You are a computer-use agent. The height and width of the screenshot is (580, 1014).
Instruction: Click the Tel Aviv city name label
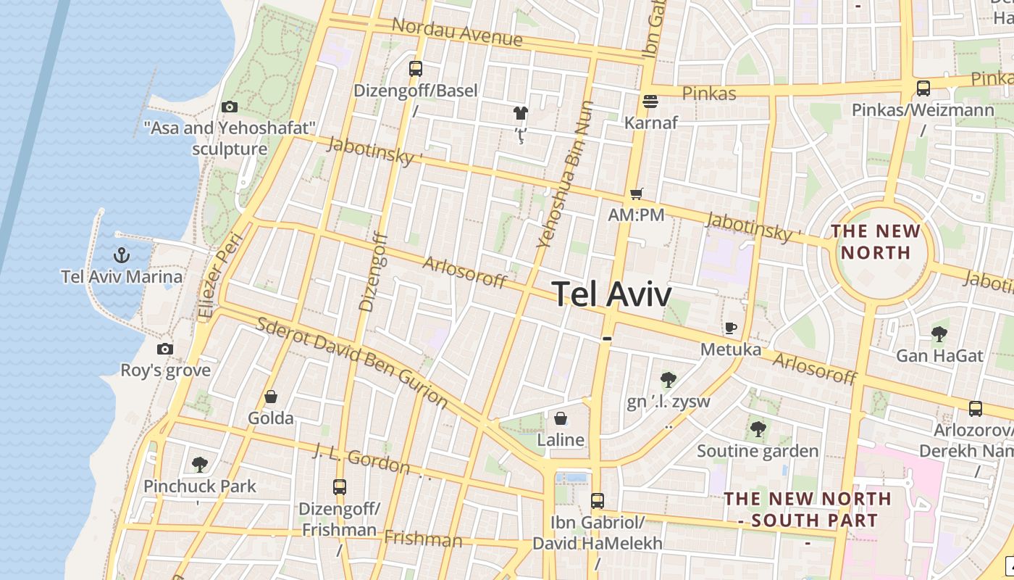612,294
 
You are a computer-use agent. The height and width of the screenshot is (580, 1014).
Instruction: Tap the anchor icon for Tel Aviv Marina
122,254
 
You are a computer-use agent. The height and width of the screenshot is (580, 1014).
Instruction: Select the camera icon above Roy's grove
165,349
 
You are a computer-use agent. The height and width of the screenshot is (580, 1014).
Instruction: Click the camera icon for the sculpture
230,107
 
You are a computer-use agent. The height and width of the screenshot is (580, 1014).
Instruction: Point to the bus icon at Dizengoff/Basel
415,69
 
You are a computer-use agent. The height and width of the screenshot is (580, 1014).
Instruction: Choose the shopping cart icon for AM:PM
636,194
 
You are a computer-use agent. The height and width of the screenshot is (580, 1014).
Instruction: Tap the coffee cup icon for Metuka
731,328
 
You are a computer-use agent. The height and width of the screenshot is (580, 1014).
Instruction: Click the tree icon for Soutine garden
758,429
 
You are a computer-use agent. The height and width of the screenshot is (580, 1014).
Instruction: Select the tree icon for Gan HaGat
939,334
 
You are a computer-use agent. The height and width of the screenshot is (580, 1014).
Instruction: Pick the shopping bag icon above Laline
561,418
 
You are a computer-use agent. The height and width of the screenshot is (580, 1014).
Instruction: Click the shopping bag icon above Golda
271,397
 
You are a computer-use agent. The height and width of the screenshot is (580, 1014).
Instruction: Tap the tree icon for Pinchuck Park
199,464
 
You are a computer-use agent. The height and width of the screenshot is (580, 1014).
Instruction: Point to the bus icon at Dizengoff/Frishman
340,486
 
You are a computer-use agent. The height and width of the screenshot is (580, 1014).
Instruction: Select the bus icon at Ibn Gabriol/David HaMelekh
598,500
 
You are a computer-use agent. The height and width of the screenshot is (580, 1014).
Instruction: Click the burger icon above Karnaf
650,101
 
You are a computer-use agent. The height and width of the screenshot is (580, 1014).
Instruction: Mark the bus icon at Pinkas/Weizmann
923,88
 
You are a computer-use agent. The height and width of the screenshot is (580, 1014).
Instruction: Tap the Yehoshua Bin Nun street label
566,174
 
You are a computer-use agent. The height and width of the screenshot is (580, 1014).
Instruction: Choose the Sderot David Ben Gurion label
353,362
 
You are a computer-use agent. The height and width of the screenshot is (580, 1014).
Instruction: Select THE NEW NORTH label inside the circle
876,242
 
